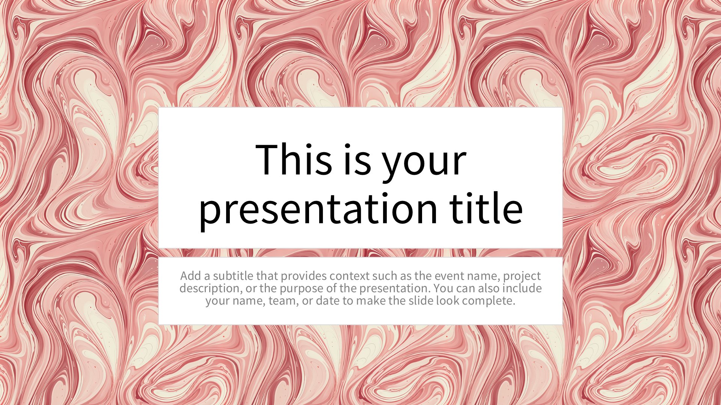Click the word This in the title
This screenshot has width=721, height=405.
point(294,159)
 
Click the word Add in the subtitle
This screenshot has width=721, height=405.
point(190,276)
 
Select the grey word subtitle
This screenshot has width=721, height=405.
point(233,276)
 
